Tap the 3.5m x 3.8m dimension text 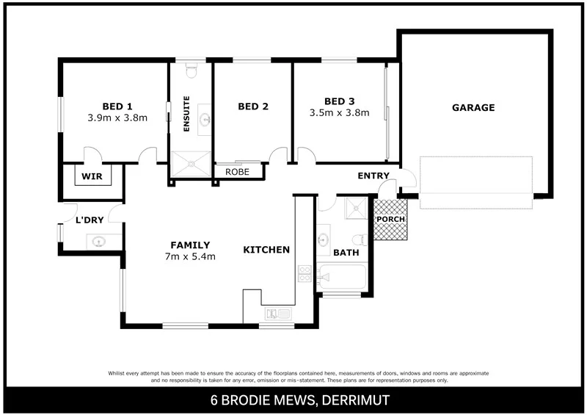pos(339,113)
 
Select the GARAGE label pos(473,107)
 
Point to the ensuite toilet pos(192,71)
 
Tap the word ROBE pos(237,172)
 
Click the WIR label pos(91,176)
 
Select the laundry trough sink pos(98,240)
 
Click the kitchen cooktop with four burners pos(304,274)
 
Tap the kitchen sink pos(278,315)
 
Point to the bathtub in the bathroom pos(342,280)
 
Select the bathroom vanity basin pos(323,239)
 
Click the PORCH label pos(390,220)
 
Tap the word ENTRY pos(373,176)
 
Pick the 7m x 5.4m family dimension pos(190,257)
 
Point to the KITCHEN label pos(266,250)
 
